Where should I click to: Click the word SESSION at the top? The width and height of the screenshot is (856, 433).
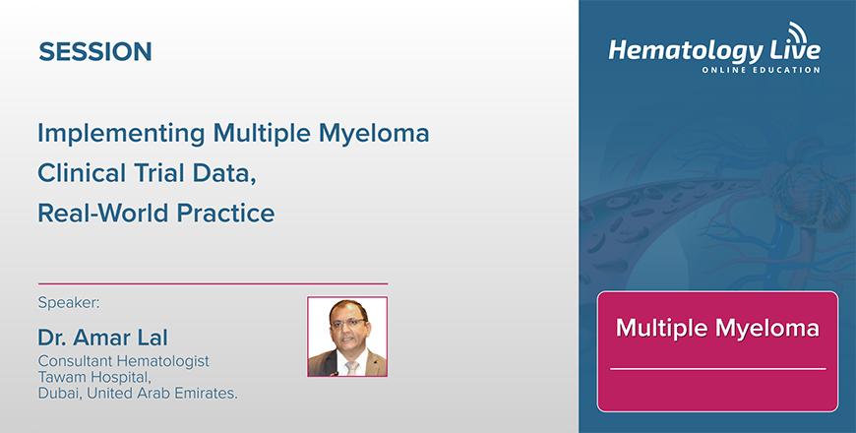pos(95,52)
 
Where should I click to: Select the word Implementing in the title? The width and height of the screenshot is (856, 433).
pos(121,134)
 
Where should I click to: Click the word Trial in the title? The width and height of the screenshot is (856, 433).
pos(159,173)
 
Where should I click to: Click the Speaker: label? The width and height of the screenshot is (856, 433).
pos(69,303)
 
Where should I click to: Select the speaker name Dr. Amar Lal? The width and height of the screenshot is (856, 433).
pos(102,338)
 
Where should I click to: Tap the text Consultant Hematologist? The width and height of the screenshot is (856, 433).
pos(123,361)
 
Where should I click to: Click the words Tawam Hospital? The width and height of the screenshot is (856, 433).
pos(93,377)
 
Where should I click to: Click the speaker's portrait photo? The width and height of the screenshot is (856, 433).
pos(347,337)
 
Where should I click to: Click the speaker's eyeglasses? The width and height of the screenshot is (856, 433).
pos(347,323)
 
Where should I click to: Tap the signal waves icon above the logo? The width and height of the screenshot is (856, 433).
pos(798,31)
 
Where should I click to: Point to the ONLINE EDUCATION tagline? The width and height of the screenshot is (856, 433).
pos(761,70)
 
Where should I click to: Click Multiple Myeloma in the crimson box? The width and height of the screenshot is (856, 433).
pos(717,328)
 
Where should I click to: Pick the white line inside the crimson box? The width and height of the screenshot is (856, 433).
pos(718,369)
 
